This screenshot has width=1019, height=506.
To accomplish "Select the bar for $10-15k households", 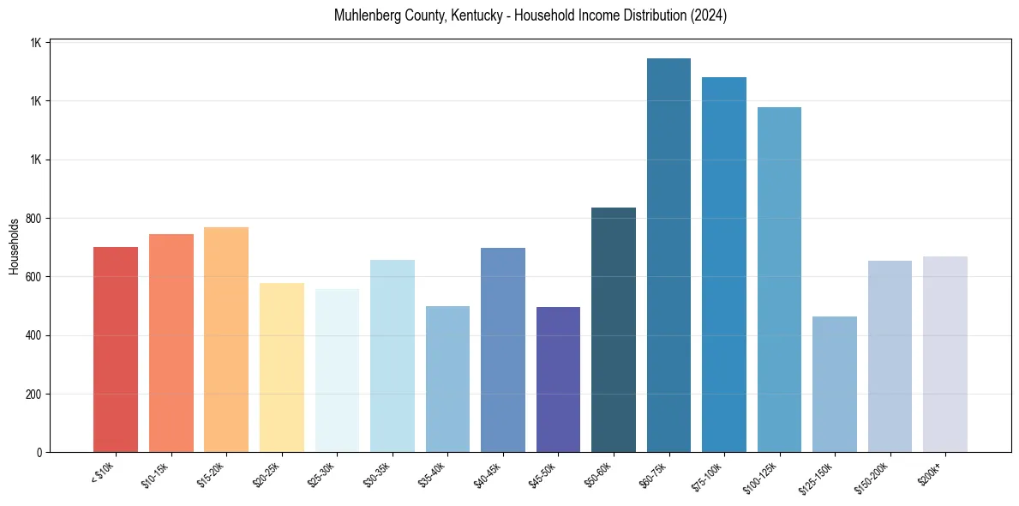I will pyautogui.click(x=171, y=343).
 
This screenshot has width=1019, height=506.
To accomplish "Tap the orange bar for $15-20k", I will pyautogui.click(x=226, y=340).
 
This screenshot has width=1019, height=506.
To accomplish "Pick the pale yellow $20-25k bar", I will pyautogui.click(x=282, y=368).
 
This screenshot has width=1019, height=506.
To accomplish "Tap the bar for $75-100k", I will pyautogui.click(x=724, y=265).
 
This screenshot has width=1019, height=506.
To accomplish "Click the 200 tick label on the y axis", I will pyautogui.click(x=34, y=395).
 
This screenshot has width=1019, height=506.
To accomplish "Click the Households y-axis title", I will pyautogui.click(x=14, y=246).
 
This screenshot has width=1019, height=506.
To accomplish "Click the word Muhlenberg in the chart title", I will pyautogui.click(x=366, y=16).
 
